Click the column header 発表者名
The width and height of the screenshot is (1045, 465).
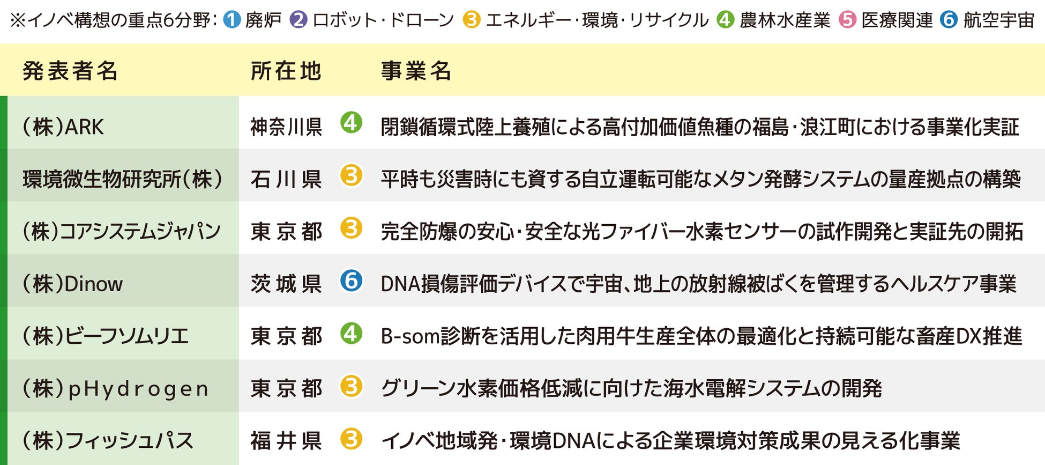(70, 71)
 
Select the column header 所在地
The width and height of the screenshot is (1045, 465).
(286, 71)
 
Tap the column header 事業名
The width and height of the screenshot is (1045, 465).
(416, 71)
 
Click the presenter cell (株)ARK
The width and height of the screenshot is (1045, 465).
(63, 127)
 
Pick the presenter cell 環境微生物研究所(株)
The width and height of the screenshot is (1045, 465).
(123, 179)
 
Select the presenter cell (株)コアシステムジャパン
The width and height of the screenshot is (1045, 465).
(122, 231)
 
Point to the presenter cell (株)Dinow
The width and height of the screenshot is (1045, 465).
(73, 284)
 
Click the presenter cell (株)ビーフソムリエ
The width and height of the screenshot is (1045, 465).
(106, 336)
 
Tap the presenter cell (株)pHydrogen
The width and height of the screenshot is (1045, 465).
(115, 389)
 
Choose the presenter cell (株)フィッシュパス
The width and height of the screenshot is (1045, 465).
(108, 441)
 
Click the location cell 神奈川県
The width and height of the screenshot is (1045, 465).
(286, 127)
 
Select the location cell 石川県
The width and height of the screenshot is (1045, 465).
(286, 179)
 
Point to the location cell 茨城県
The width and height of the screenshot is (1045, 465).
(286, 284)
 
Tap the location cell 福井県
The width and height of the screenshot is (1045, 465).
(286, 441)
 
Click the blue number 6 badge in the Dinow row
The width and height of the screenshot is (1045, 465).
(352, 281)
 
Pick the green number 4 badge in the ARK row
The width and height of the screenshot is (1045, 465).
(352, 123)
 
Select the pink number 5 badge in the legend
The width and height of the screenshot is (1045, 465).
(848, 20)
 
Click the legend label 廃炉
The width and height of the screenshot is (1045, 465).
(263, 20)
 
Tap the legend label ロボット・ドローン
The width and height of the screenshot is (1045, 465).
(383, 20)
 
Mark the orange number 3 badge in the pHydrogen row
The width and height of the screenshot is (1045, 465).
(352, 386)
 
